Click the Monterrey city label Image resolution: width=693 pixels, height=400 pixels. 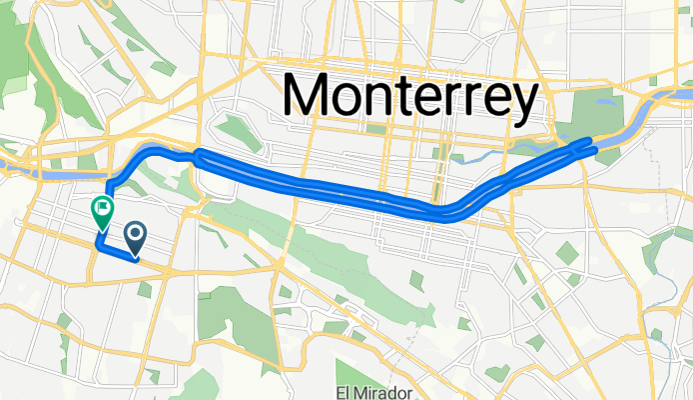pyautogui.click(x=411, y=96)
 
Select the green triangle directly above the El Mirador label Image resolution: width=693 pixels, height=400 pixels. pyautogui.click(x=349, y=330)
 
